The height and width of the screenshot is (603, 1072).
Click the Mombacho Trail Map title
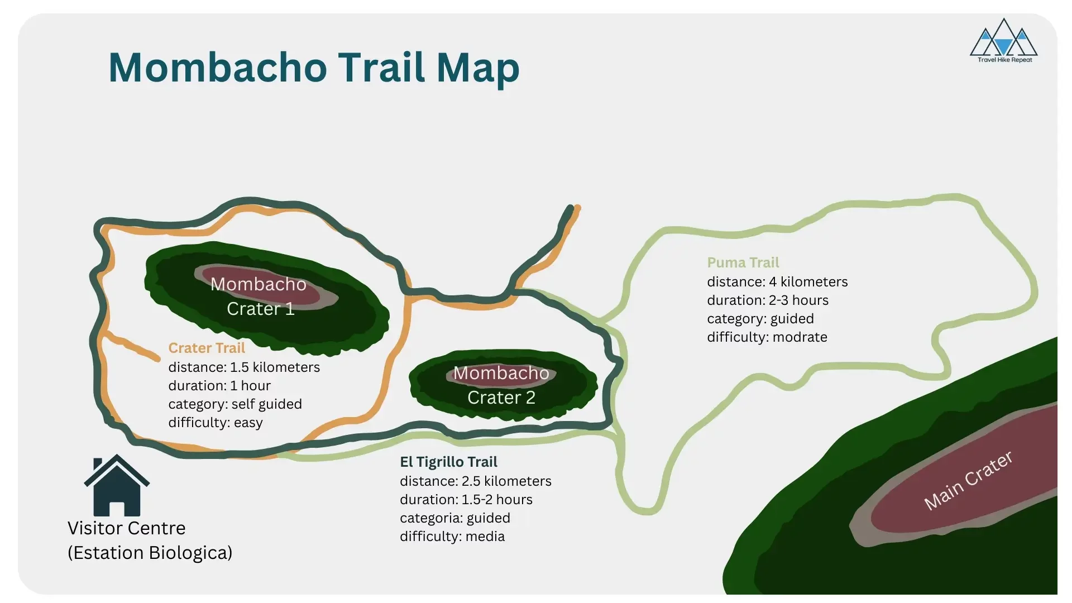[313, 68]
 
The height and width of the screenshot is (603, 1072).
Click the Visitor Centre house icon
[117, 485]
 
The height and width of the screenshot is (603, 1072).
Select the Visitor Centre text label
[126, 528]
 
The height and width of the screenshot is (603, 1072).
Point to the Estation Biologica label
[150, 553]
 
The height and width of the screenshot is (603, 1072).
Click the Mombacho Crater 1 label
[259, 296]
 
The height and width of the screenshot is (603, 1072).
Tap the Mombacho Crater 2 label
[501, 385]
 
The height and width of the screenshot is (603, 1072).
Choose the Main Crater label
[968, 481]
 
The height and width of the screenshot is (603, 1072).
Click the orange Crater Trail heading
[207, 348]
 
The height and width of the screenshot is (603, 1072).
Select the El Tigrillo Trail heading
[448, 462]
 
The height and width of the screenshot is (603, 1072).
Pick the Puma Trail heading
[743, 262]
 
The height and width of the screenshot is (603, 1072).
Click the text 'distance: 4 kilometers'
[777, 282]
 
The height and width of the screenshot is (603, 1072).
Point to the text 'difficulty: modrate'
[767, 337]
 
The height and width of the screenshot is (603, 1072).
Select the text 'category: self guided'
[235, 404]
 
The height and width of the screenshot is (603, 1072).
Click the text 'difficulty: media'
[452, 537]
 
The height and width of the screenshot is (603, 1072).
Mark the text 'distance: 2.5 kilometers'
[476, 481]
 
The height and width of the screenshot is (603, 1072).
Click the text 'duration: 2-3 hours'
[768, 300]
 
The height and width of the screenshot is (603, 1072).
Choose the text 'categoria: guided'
[455, 518]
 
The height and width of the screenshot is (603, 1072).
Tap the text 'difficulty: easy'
[216, 423]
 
